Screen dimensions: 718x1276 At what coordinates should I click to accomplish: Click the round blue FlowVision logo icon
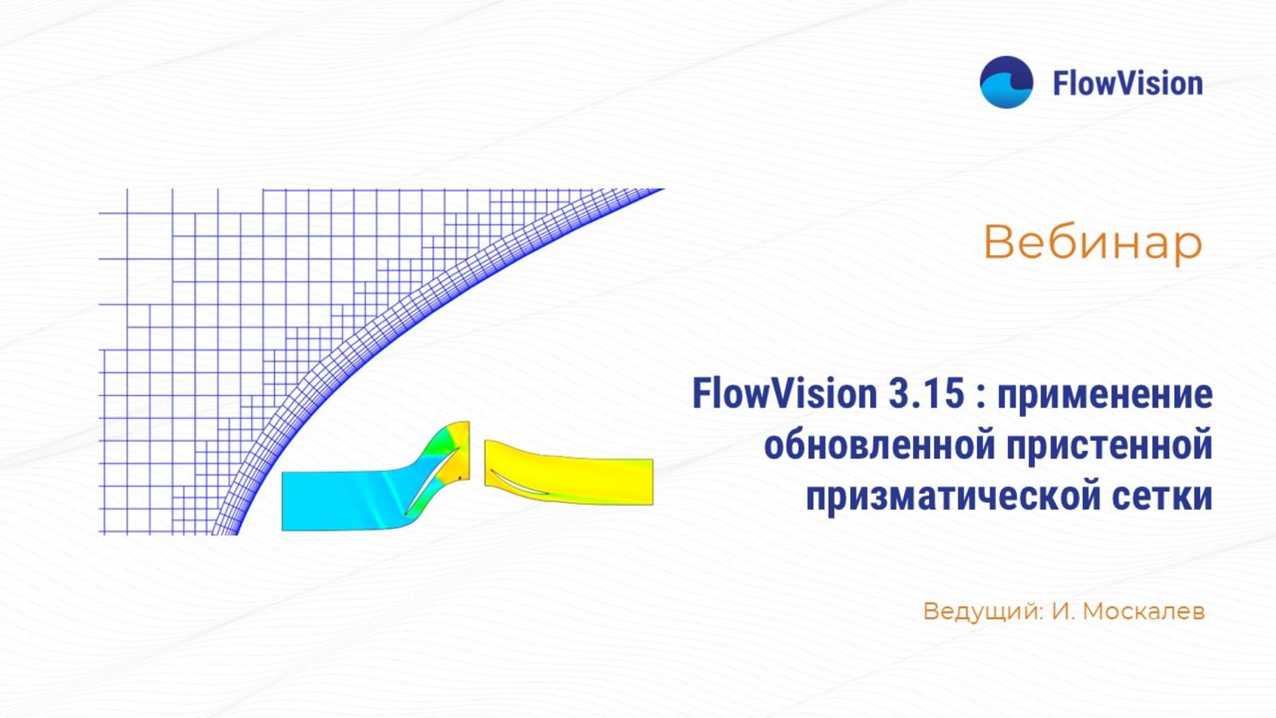1006,82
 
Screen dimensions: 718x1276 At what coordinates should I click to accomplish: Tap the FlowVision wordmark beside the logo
1127,83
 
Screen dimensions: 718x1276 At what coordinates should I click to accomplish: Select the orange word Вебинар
1093,242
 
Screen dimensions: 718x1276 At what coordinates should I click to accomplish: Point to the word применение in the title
1105,395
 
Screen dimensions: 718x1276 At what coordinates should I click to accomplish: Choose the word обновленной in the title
880,444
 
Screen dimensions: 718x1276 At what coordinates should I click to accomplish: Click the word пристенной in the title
1109,444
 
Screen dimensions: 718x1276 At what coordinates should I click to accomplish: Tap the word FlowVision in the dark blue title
773,393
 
